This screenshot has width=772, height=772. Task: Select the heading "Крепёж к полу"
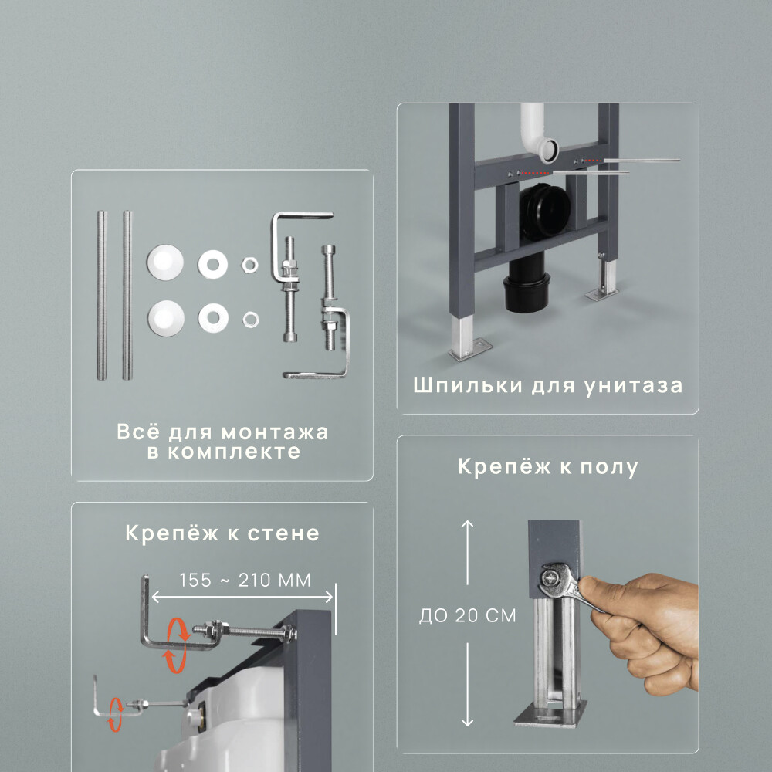click(547, 467)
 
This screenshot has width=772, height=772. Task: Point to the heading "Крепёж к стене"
click(222, 533)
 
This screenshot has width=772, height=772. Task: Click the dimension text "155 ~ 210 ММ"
click(245, 581)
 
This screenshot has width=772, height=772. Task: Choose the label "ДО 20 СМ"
click(467, 616)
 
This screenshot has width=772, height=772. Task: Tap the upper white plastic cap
click(163, 262)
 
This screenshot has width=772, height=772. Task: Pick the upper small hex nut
click(249, 266)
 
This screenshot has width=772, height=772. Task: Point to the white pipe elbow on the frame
click(537, 136)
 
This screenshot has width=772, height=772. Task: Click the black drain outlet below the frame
click(526, 290)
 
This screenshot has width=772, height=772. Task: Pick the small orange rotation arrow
click(116, 713)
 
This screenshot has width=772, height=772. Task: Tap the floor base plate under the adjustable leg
click(549, 717)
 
